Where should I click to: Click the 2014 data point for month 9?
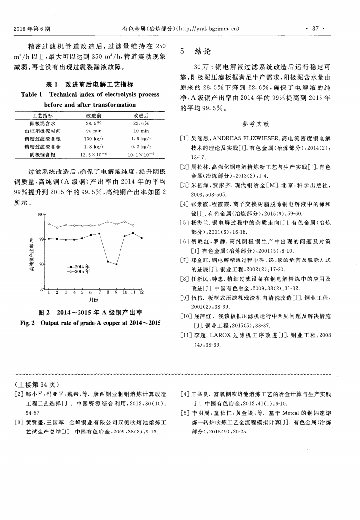click(x=116, y=264)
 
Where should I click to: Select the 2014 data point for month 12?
click(x=142, y=238)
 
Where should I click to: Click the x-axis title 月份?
click(x=94, y=300)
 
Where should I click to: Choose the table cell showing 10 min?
click(x=141, y=131)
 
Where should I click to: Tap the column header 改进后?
click(x=141, y=115)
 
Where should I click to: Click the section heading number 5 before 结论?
click(x=183, y=51)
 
